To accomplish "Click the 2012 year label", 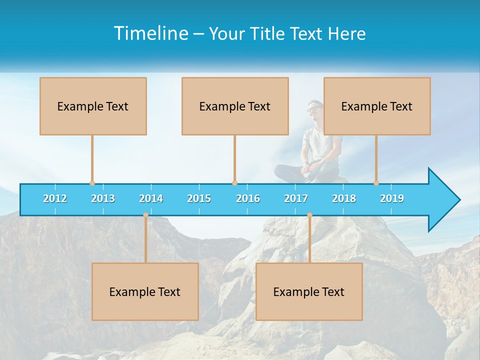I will [55, 198].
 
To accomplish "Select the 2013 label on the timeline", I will [103, 198].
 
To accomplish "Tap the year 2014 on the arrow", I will [151, 198].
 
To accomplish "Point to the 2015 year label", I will [199, 198].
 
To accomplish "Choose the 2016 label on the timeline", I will [248, 198].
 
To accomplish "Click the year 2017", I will [296, 198].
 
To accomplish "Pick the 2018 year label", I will [344, 198].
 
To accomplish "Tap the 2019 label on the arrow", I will [392, 198].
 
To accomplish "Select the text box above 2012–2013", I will [93, 106].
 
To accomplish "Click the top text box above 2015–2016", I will [235, 106].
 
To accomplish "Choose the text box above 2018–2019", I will [377, 106].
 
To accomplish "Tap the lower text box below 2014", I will [145, 291].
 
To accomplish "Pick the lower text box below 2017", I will [309, 291].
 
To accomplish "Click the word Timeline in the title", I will [150, 33].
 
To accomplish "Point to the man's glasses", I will [314, 108].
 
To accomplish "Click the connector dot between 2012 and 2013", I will [92, 183].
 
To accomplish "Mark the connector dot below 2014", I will [145, 215].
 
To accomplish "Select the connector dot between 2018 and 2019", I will [376, 183].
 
